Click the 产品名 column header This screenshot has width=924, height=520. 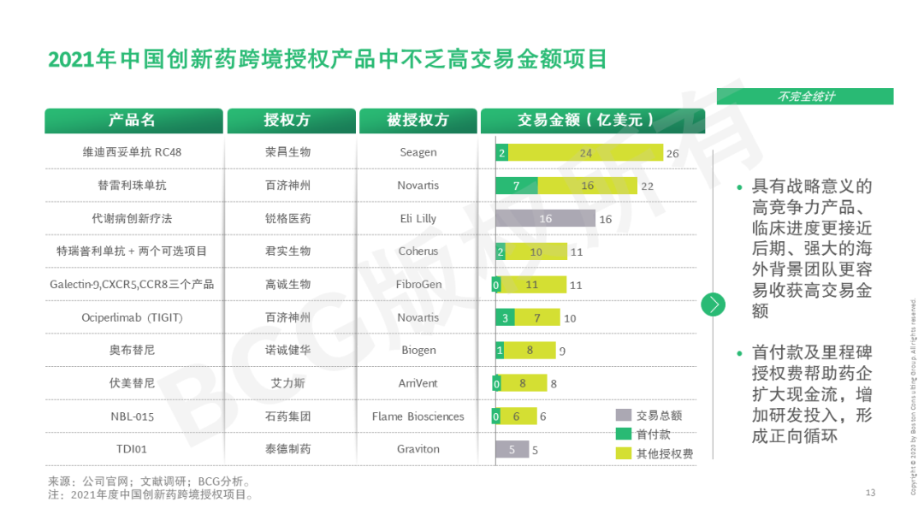[x=133, y=121]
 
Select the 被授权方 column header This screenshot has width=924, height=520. [x=418, y=121]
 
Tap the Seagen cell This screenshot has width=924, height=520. [x=418, y=152]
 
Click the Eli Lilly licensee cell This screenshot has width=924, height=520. [x=418, y=218]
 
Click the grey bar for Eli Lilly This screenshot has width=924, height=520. [x=545, y=218]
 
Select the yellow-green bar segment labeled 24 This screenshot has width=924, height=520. [x=585, y=153]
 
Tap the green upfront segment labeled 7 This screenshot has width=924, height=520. [x=517, y=186]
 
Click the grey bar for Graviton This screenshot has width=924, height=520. [x=512, y=449]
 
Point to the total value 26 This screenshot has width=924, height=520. [x=672, y=153]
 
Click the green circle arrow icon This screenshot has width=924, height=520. [x=713, y=304]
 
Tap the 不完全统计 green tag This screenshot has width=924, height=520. [x=804, y=97]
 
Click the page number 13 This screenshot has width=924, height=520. [x=870, y=492]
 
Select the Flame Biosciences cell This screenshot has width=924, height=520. [x=418, y=417]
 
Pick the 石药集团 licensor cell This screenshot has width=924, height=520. [x=287, y=417]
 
